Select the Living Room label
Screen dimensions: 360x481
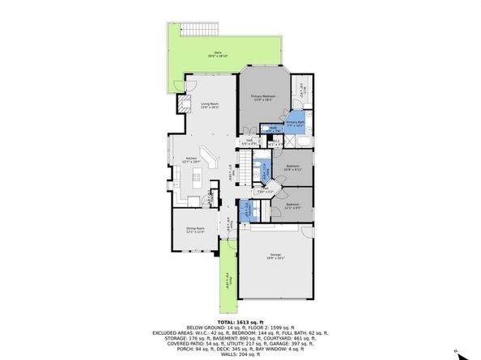(x=211, y=105)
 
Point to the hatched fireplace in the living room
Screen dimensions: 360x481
(x=183, y=103)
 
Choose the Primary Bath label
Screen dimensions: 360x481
(x=294, y=125)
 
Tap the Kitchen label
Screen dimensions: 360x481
(x=192, y=159)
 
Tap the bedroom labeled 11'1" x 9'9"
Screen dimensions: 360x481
(x=293, y=205)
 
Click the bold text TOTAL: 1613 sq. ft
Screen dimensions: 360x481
(x=240, y=322)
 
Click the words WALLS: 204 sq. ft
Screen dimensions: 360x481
(x=240, y=354)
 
